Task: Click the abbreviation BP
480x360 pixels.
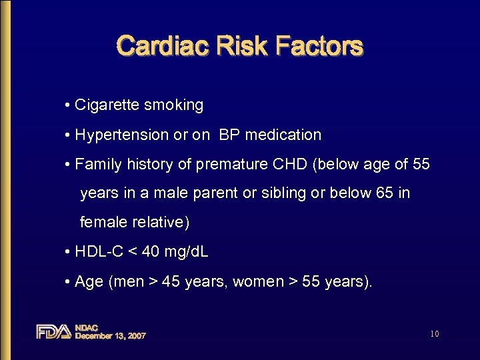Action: pos(229,135)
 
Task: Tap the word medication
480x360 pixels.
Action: pos(283,135)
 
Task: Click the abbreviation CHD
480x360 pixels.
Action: pos(289,164)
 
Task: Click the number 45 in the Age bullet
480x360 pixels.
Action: pos(171,281)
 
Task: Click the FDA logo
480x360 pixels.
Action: pos(53,331)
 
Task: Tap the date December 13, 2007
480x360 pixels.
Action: pos(111,336)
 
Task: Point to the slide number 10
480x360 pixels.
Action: pos(434,333)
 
